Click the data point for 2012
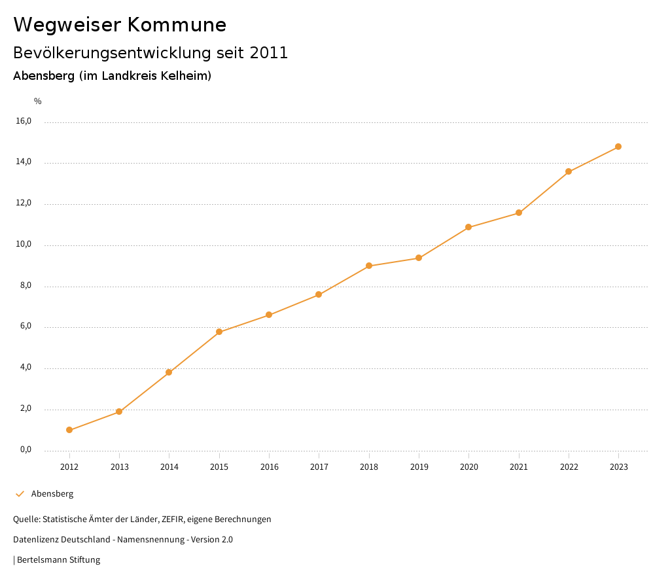pyautogui.click(x=69, y=430)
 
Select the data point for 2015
pyautogui.click(x=219, y=332)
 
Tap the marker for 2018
pyautogui.click(x=369, y=266)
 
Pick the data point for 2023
pyautogui.click(x=618, y=147)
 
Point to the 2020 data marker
pyautogui.click(x=468, y=227)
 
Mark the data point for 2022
pyautogui.click(x=569, y=171)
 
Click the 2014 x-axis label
pyautogui.click(x=169, y=467)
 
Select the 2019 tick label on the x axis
pyautogui.click(x=419, y=467)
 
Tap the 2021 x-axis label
pyautogui.click(x=519, y=467)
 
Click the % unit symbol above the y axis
pyautogui.click(x=38, y=101)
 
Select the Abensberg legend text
pyautogui.click(x=52, y=494)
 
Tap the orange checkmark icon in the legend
pyautogui.click(x=20, y=494)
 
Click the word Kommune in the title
pyautogui.click(x=177, y=25)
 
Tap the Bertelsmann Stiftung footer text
pyautogui.click(x=58, y=560)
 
